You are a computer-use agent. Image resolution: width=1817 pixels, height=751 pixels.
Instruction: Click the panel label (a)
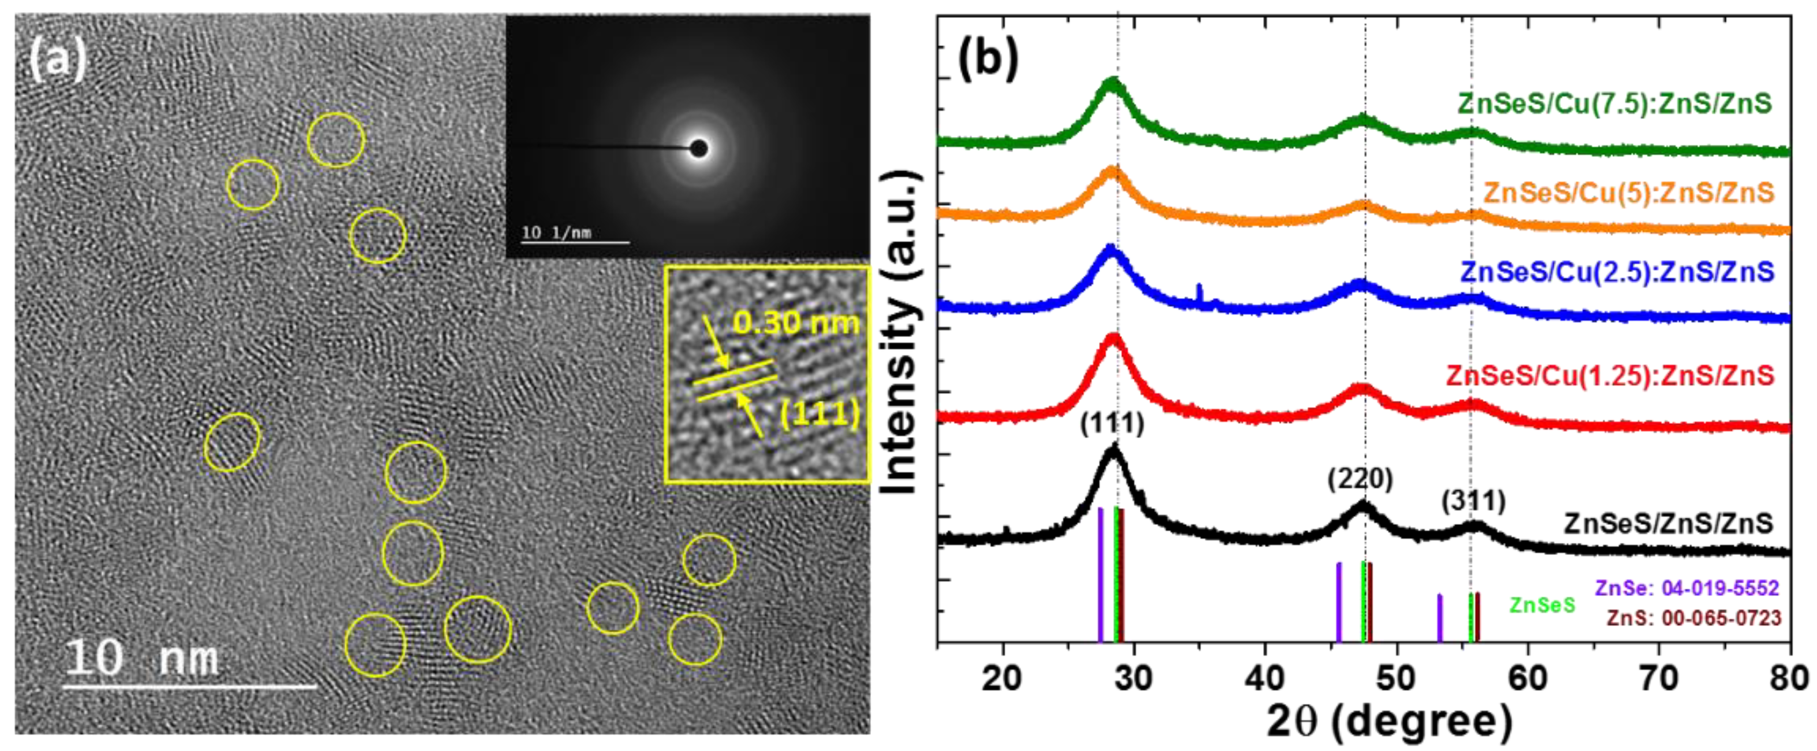tap(58, 60)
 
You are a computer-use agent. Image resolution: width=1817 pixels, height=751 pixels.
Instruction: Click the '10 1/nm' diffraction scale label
tap(557, 232)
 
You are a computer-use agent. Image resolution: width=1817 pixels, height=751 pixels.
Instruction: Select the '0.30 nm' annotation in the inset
tap(796, 323)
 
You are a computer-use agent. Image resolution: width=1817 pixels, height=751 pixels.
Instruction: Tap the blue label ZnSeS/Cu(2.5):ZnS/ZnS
tap(1617, 272)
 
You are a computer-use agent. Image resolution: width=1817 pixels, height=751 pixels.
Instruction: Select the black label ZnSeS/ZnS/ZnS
tap(1667, 524)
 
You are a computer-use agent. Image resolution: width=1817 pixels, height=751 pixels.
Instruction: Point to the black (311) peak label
tap(1473, 502)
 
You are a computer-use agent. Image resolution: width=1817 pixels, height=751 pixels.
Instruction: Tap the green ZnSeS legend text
tap(1542, 606)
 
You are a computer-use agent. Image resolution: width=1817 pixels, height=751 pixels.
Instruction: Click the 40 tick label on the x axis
tap(1265, 678)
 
